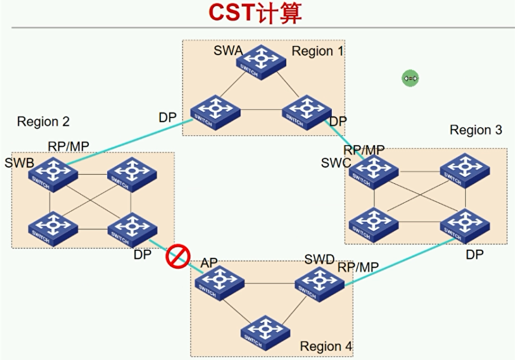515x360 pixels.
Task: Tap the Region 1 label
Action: [318, 51]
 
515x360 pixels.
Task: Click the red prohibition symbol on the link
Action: [177, 257]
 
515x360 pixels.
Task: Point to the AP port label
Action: [209, 264]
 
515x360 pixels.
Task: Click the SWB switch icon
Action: [53, 174]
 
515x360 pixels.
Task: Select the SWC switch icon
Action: [373, 172]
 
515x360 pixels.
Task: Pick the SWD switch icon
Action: [319, 283]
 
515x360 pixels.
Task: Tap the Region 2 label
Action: [43, 121]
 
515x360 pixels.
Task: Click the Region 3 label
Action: [476, 130]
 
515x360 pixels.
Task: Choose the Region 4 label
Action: [326, 346]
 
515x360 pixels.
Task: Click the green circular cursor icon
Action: [410, 78]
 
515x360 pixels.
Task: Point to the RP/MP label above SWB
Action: [69, 146]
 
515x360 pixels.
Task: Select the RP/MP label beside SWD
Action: [358, 267]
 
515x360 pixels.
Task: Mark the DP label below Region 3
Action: [474, 254]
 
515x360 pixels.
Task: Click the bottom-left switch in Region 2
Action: [53, 229]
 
